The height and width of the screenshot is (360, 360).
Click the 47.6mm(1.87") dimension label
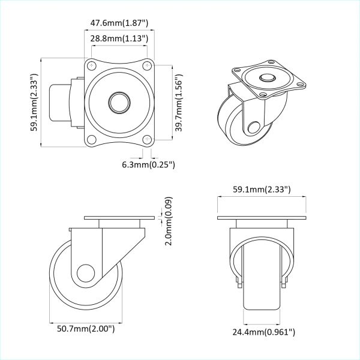(120, 23)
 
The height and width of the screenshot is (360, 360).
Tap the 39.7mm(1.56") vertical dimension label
(178, 103)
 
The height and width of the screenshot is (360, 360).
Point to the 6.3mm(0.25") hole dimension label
(148, 164)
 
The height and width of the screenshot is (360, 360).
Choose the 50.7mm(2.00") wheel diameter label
(86, 328)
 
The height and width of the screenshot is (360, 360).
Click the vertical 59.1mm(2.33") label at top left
(35, 102)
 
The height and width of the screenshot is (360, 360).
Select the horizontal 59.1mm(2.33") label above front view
(262, 190)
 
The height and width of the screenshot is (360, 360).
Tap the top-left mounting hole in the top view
(91, 65)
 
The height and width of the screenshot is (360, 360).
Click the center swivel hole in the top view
(119, 102)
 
